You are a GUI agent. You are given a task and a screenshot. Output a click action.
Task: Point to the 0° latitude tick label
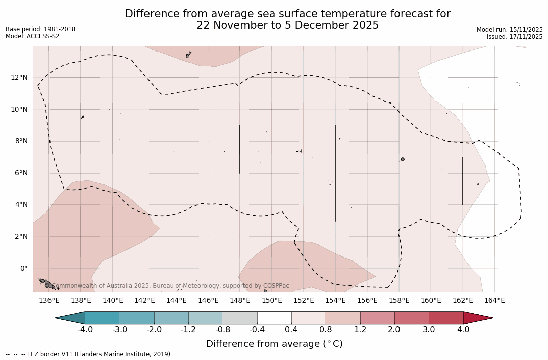pos(24,269)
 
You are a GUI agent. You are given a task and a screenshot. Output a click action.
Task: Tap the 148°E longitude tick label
pos(240,301)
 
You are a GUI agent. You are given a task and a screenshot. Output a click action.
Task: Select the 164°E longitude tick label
pos(494,301)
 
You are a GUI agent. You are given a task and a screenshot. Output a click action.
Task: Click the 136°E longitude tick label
pos(49,301)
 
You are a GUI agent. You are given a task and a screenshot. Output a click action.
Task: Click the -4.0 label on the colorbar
pos(85,330)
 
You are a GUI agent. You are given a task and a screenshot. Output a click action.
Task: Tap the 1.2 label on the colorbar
pos(360,330)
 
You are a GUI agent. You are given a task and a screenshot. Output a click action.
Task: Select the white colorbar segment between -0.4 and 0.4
pos(274,318)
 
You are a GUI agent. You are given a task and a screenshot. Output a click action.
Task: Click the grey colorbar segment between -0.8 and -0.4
pos(240,318)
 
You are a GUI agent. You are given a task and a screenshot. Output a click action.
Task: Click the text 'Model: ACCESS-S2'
pos(32,36)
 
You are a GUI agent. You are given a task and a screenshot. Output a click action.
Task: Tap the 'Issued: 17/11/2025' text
pos(515,37)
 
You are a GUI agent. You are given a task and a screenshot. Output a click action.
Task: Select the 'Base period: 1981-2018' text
pos(40,29)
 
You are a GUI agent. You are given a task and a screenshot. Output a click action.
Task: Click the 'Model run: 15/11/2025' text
pos(510,30)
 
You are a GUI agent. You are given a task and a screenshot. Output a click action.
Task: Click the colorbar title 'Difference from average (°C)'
pos(274,344)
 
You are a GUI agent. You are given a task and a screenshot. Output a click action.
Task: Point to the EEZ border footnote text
pos(89,354)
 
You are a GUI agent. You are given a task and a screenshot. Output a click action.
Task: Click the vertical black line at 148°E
pos(240,149)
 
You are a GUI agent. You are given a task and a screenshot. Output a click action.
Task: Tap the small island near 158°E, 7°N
pos(403,159)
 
